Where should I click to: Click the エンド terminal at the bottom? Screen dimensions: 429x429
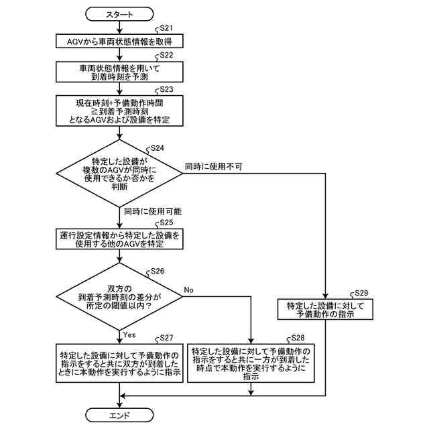point(119,416)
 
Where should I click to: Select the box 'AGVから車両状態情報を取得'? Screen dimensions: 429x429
point(119,42)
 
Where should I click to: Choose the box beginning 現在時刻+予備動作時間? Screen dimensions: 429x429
point(119,111)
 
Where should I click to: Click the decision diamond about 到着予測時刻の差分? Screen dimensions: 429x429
point(119,296)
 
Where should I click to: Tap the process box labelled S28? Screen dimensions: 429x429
point(251,363)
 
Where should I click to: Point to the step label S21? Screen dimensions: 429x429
point(165,28)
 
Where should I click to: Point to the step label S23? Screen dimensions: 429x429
point(165,89)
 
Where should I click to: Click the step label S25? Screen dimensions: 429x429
point(165,223)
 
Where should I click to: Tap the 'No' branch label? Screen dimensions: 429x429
point(188,290)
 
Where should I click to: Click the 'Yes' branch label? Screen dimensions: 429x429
point(129,333)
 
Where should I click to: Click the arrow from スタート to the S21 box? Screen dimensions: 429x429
point(119,27)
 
